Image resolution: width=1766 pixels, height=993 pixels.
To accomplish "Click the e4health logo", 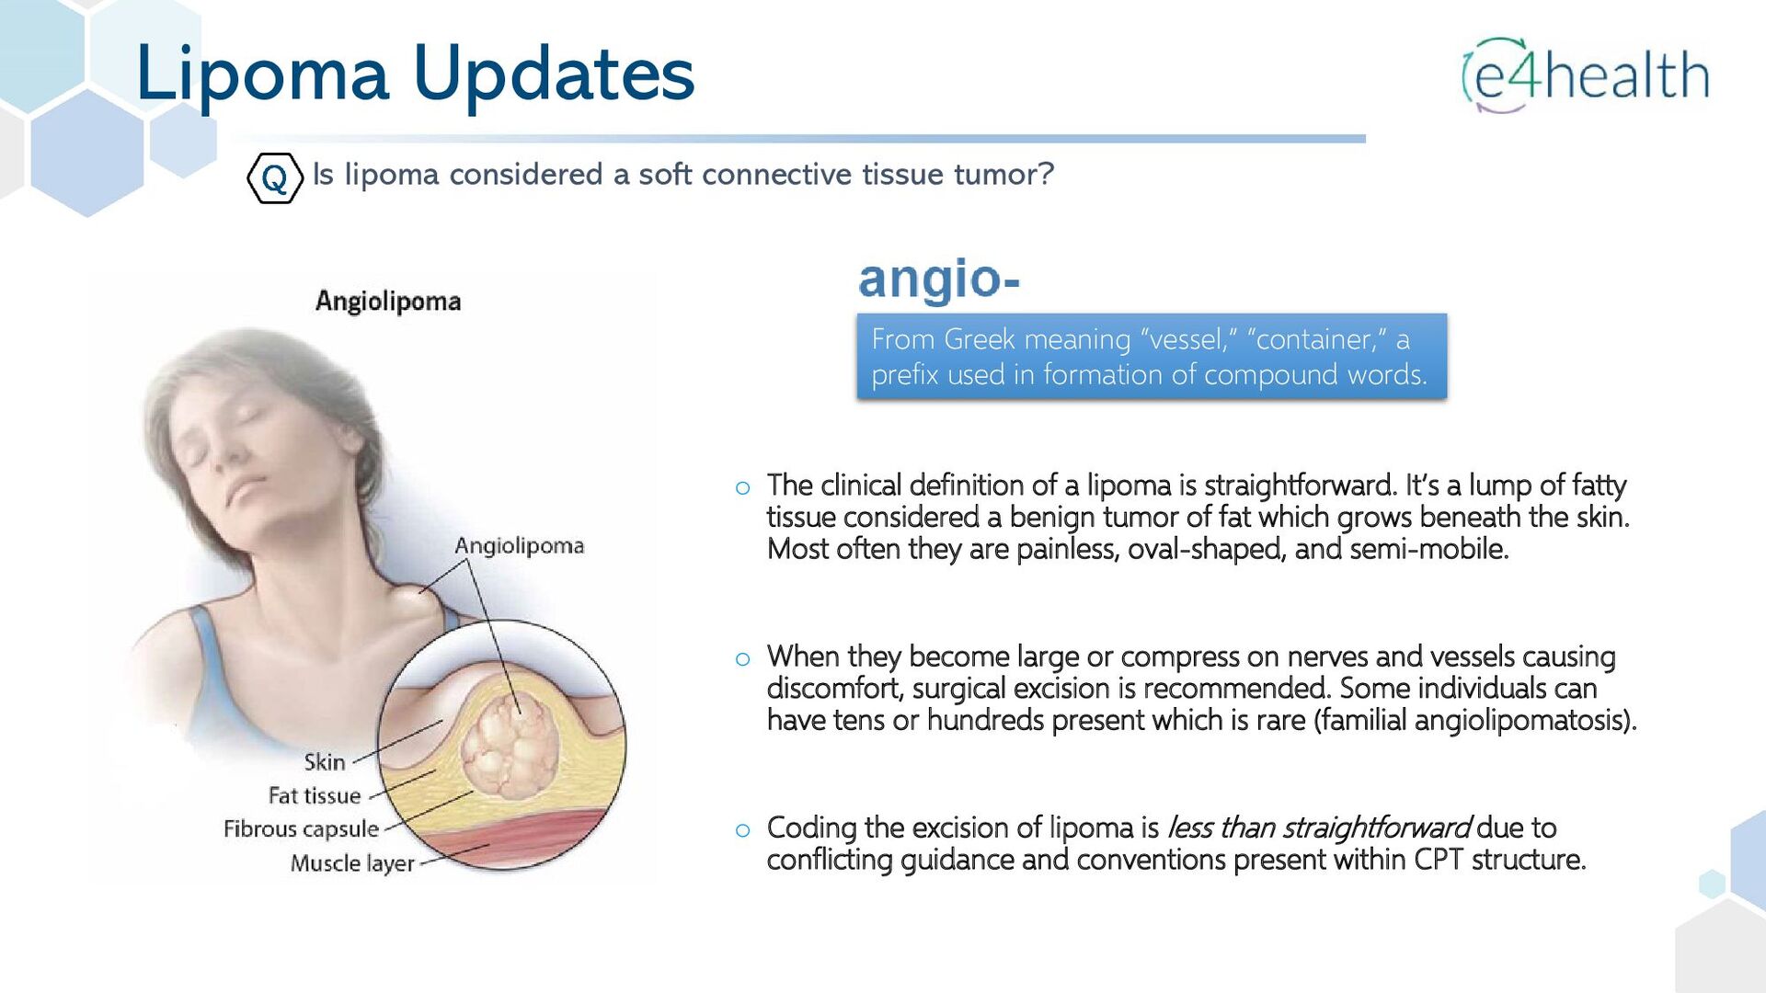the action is pyautogui.click(x=1586, y=75).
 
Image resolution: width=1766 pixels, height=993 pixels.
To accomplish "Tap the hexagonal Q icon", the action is pyautogui.click(x=275, y=177).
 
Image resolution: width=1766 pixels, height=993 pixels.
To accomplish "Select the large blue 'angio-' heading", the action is pyautogui.click(x=939, y=280).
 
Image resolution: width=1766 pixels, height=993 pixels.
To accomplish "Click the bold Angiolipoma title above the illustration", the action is pyautogui.click(x=388, y=302).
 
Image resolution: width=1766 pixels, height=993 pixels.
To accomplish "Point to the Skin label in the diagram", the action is pyautogui.click(x=325, y=762).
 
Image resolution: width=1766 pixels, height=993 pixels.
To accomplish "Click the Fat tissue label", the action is pyautogui.click(x=315, y=795).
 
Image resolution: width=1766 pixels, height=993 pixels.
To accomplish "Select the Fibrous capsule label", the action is pyautogui.click(x=301, y=829).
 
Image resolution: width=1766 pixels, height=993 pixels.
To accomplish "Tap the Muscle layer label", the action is pyautogui.click(x=352, y=863).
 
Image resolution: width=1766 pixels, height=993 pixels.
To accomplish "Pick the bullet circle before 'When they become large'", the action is pyautogui.click(x=743, y=659).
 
